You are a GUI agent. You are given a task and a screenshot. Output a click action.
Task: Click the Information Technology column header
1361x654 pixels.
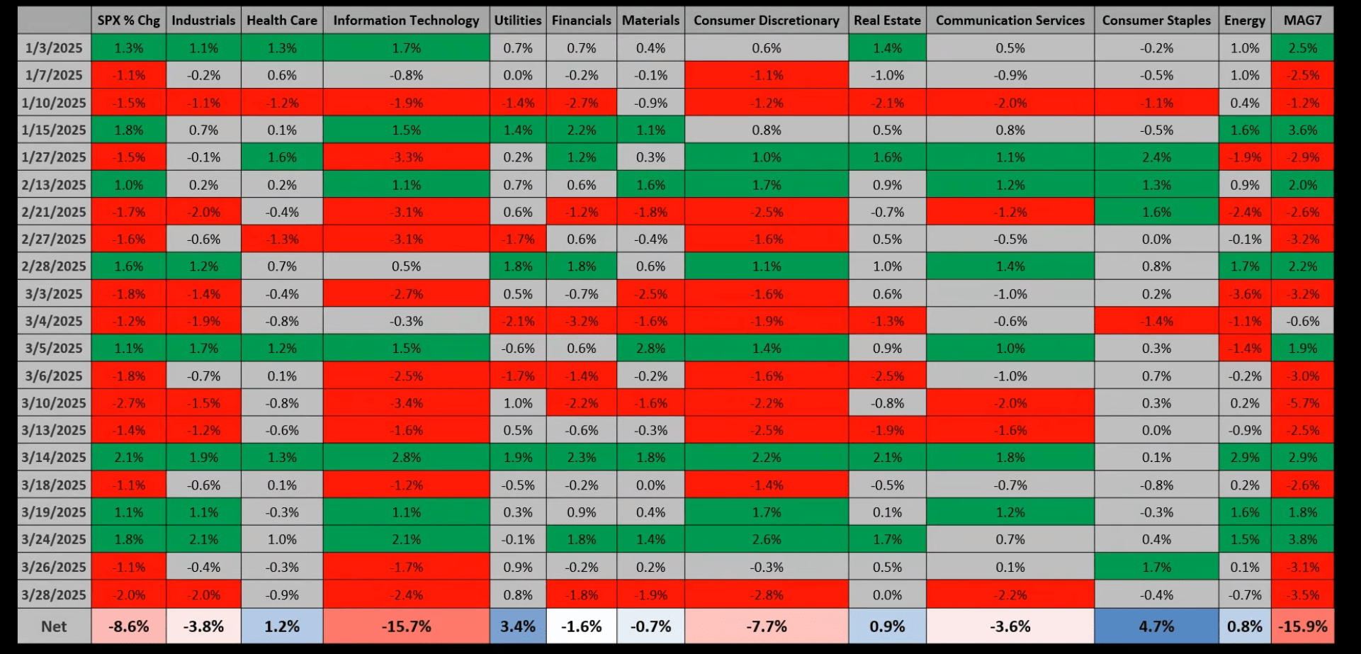tap(406, 21)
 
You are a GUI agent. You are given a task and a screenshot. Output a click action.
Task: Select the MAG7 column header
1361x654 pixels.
tap(1302, 21)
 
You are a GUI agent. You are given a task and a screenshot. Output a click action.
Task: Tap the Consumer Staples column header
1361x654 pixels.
tap(1156, 21)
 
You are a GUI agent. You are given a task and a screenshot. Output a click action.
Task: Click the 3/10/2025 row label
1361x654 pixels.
tap(54, 403)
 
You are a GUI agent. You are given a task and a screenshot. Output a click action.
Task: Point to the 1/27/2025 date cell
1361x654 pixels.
tap(54, 157)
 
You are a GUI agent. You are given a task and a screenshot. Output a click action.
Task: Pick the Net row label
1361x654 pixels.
tap(54, 626)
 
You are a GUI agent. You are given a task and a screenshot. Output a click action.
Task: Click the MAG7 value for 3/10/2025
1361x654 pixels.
tap(1302, 403)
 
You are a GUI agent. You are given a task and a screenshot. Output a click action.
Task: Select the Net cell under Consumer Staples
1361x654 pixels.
tap(1156, 626)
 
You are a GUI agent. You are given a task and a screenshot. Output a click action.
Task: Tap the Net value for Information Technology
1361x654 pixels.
tap(406, 626)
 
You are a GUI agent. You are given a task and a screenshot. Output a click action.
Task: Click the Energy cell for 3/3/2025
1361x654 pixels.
tap(1244, 294)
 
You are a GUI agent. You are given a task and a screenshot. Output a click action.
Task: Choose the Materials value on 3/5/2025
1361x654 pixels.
tap(650, 349)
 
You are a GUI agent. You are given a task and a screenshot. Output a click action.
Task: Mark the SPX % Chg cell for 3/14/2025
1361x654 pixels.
tap(129, 458)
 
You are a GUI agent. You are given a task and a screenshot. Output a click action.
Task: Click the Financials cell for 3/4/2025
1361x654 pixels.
tap(581, 321)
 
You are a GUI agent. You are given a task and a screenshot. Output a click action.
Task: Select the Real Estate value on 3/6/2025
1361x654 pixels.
tap(887, 376)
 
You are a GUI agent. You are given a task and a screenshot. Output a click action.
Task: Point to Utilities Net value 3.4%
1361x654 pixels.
tap(517, 626)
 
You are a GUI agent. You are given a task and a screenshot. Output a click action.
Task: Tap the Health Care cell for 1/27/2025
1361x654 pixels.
tap(282, 157)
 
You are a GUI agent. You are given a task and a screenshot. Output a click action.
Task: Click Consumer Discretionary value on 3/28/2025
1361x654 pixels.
tap(767, 595)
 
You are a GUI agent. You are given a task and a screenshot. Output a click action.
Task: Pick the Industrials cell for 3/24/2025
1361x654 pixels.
tap(203, 539)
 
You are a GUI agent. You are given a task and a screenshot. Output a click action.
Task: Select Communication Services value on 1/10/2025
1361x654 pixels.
tap(1010, 103)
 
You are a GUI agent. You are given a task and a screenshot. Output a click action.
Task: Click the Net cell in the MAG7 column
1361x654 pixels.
tap(1302, 626)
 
